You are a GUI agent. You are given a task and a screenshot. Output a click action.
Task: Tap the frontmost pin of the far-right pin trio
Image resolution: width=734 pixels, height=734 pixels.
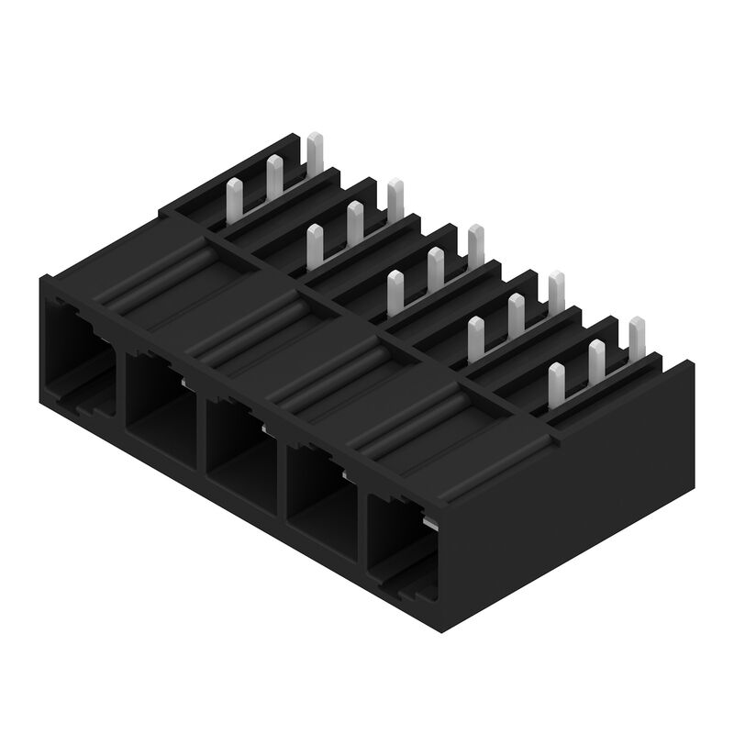point(556,385)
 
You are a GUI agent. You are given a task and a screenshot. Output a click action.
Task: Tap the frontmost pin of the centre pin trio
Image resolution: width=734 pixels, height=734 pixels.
point(395,293)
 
